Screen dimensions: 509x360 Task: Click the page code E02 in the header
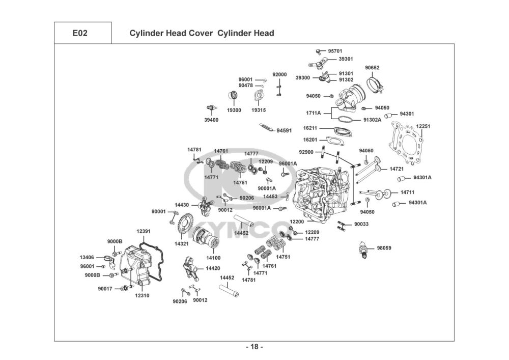(80, 33)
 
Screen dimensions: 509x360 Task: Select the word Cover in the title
(197, 33)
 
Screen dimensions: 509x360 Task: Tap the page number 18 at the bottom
(254, 347)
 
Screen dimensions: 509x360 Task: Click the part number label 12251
(423, 126)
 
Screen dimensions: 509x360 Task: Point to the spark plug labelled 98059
(365, 250)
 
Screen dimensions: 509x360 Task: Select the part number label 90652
(372, 68)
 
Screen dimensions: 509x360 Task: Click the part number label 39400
(211, 120)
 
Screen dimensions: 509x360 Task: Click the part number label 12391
(144, 232)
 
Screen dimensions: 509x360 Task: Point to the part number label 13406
(87, 258)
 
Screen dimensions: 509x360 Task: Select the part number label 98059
(384, 248)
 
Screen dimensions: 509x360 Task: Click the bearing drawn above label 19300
(234, 96)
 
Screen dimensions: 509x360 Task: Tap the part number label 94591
(284, 130)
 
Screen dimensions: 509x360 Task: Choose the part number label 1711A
(313, 113)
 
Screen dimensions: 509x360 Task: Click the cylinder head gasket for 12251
(406, 142)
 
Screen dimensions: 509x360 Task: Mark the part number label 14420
(213, 268)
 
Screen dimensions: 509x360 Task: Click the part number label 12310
(142, 296)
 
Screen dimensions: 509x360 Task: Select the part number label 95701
(335, 51)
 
